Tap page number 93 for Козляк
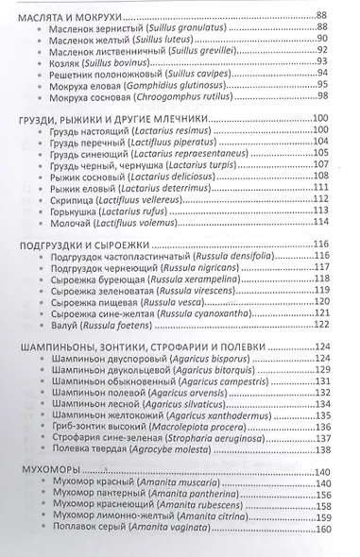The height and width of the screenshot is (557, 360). click(323, 69)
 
